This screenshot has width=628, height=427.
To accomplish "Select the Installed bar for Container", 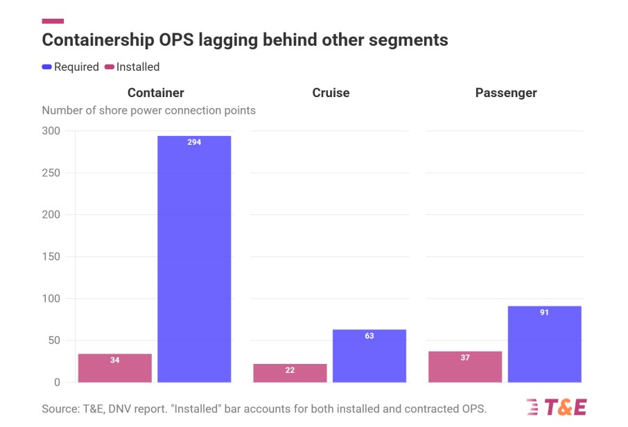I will pyautogui.click(x=115, y=368).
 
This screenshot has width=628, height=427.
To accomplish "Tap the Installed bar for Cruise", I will pyautogui.click(x=290, y=373).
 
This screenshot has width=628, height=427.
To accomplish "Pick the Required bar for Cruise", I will pyautogui.click(x=369, y=356).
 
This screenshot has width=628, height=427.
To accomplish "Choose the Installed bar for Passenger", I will pyautogui.click(x=465, y=367).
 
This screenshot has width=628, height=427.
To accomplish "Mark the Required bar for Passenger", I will pyautogui.click(x=544, y=344).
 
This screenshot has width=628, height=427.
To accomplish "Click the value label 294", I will pyautogui.click(x=194, y=142).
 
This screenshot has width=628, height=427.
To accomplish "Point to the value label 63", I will pyautogui.click(x=369, y=336).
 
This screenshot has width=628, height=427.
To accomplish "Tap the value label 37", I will pyautogui.click(x=465, y=358).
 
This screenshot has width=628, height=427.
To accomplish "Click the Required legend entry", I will pyautogui.click(x=71, y=67).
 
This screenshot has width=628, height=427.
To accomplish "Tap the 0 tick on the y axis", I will pyautogui.click(x=57, y=383).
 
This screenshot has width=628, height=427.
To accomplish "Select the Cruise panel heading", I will pyautogui.click(x=331, y=93).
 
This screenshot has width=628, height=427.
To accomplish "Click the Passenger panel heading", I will pyautogui.click(x=506, y=93).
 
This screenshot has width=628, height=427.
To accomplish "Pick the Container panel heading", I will pyautogui.click(x=156, y=93).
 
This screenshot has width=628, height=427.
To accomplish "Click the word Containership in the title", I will pyautogui.click(x=98, y=40).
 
